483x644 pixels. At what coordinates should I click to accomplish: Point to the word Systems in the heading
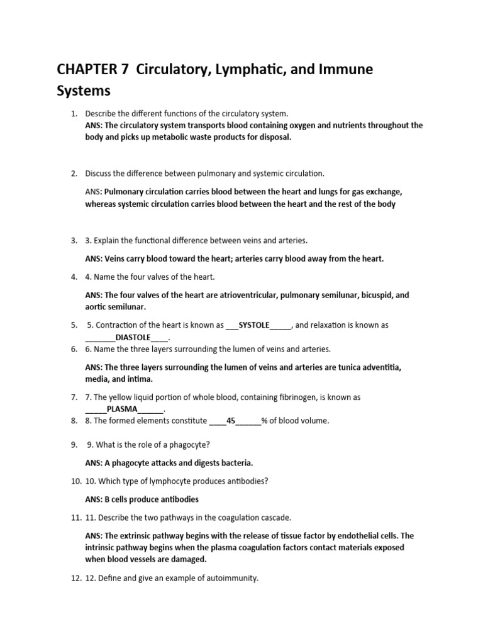(x=84, y=91)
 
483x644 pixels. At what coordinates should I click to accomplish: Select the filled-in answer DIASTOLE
(x=133, y=337)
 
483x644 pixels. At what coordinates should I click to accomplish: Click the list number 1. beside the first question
(x=74, y=114)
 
